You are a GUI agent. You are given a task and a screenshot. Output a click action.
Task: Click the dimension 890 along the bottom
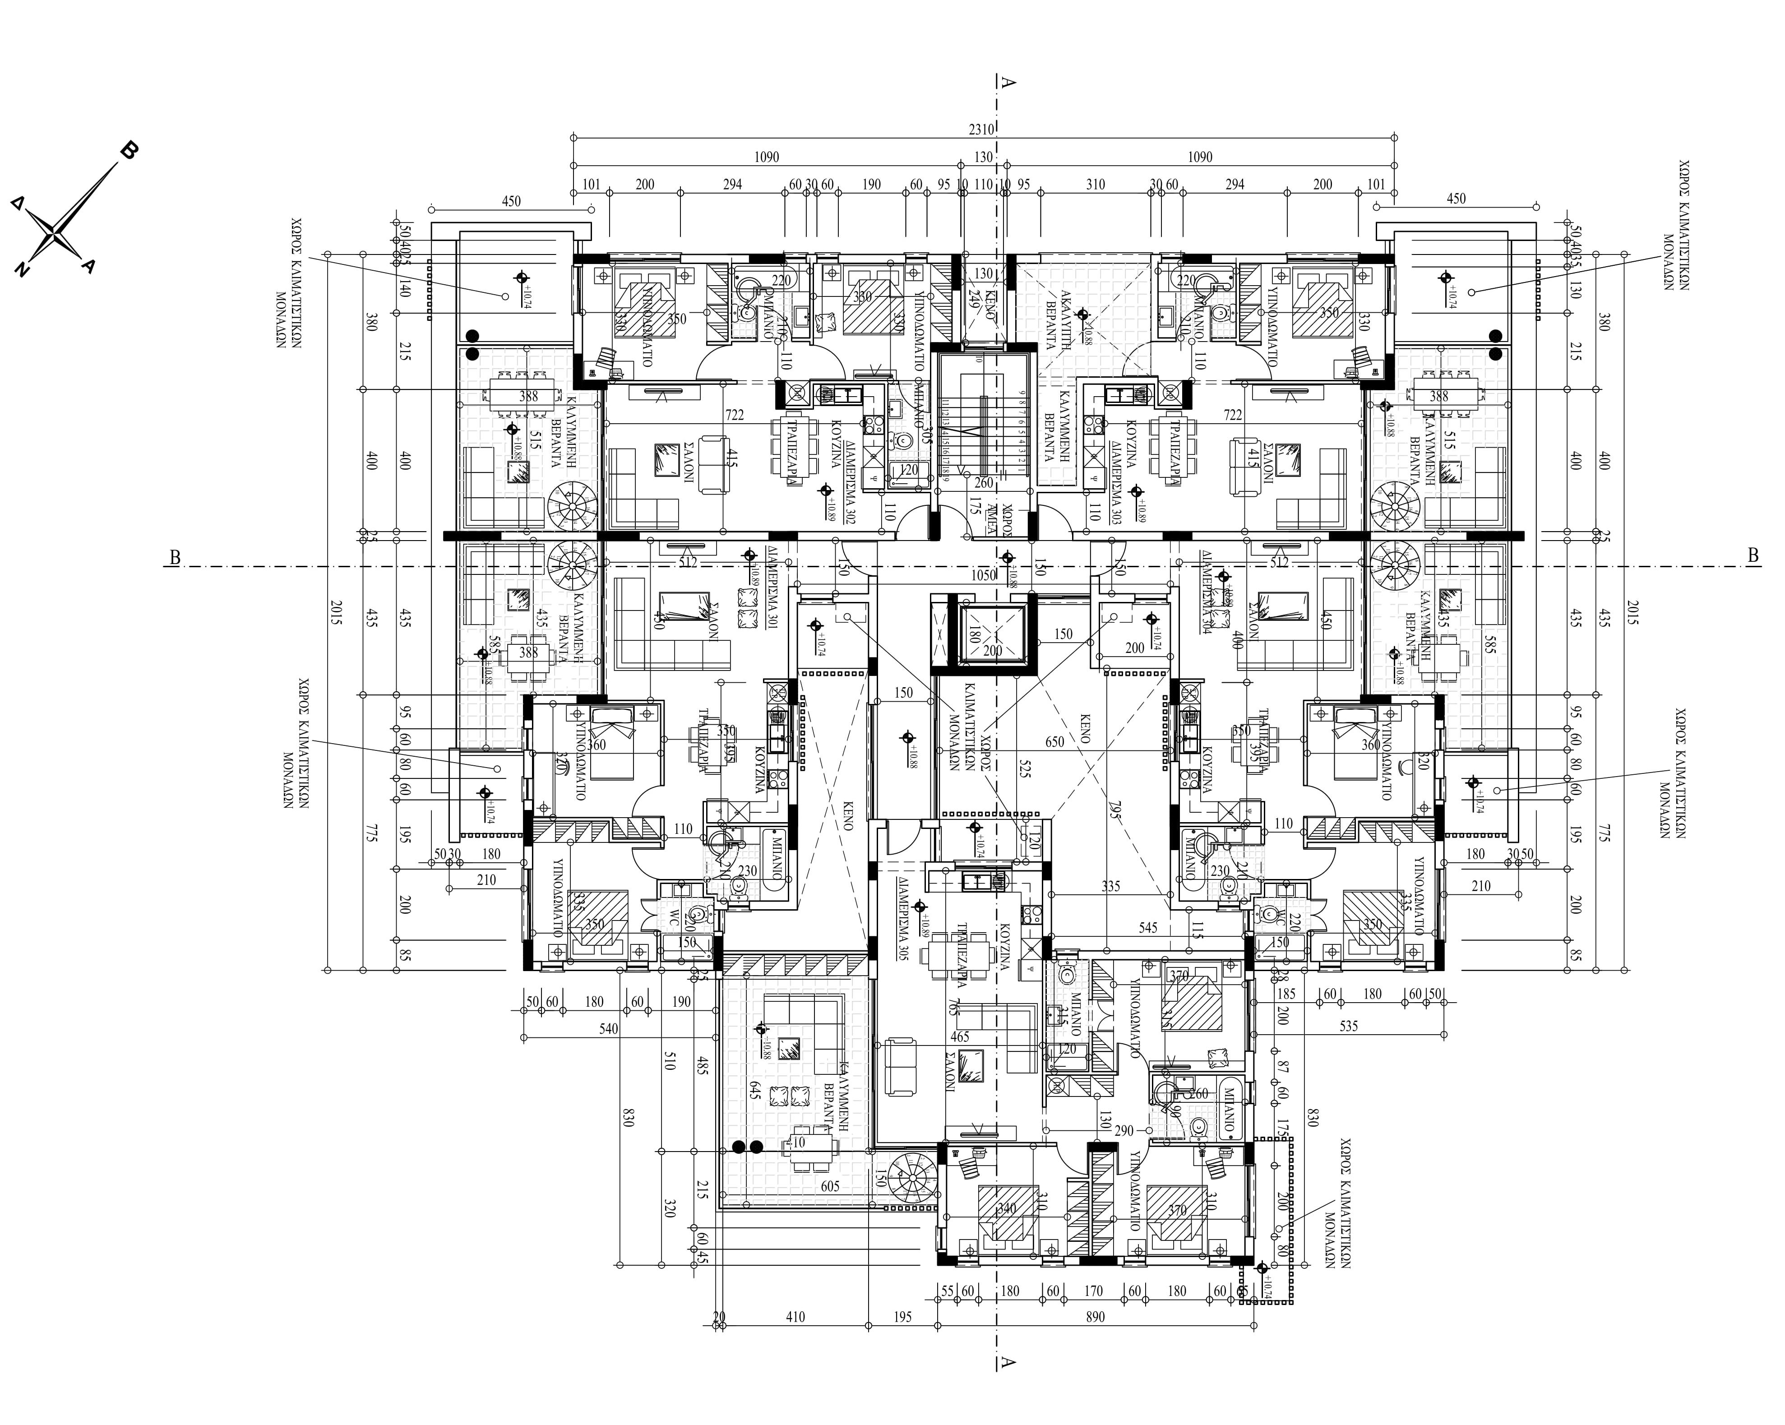click(x=1095, y=1317)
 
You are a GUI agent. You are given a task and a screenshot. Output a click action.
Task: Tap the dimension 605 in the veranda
click(x=830, y=1186)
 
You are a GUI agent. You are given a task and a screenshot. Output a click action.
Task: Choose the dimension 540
click(x=609, y=1029)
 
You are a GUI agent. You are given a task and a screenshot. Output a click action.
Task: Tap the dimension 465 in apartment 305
click(x=960, y=1036)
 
